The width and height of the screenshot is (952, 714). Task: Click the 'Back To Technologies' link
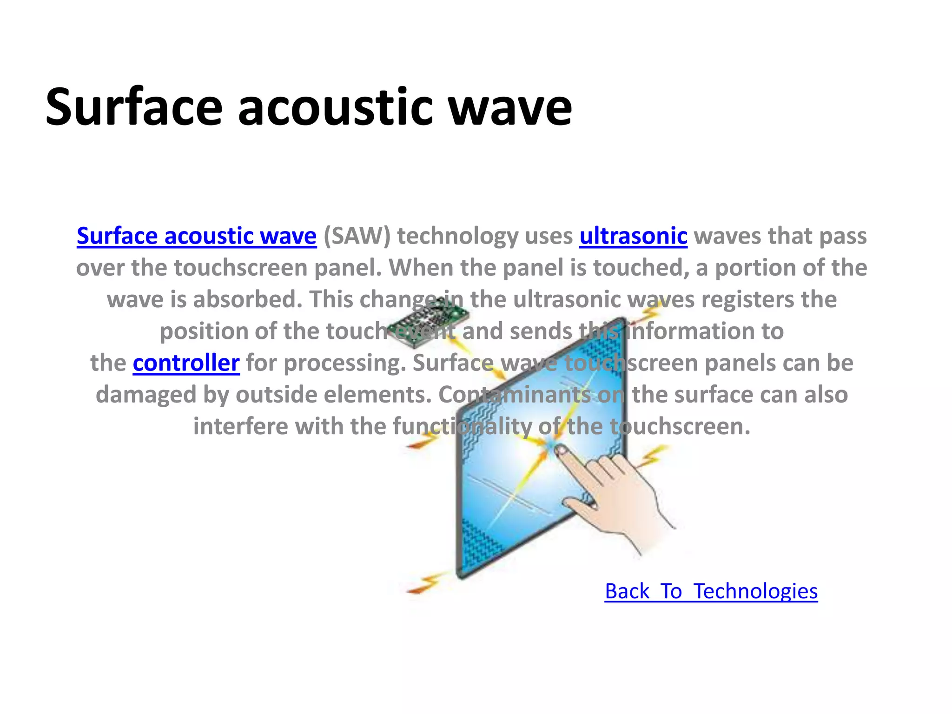[711, 591]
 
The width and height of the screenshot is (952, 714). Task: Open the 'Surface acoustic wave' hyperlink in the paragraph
[196, 236]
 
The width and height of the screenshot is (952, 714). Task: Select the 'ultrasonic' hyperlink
[633, 236]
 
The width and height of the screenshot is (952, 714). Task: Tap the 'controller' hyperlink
[186, 363]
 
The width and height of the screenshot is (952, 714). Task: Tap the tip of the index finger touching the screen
[561, 450]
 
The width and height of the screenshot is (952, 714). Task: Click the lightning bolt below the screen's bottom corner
[425, 583]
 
